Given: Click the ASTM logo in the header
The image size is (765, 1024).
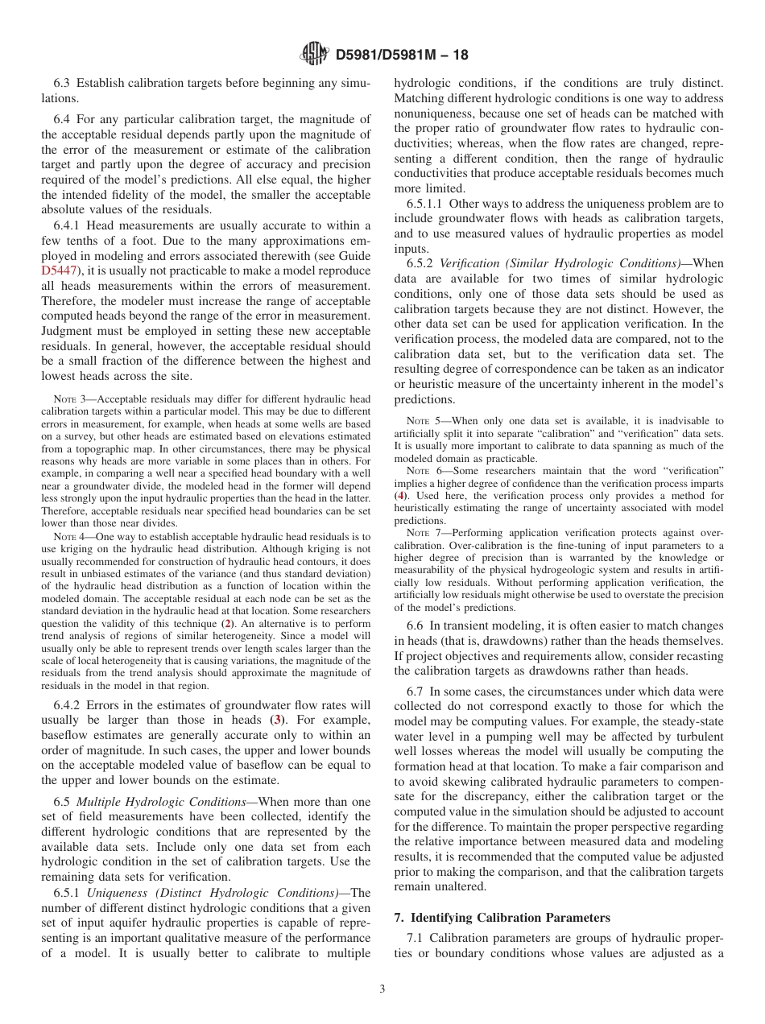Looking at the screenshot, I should click(x=313, y=54).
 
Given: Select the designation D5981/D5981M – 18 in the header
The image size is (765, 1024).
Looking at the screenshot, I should click(x=401, y=55).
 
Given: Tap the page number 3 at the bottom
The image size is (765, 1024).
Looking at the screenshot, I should click(x=382, y=989).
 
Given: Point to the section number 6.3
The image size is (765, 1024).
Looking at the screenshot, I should click(x=62, y=83).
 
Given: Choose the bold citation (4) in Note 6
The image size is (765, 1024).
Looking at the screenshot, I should click(x=399, y=496).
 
